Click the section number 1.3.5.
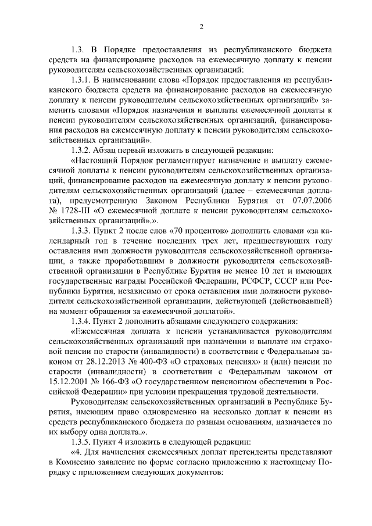point(81,441)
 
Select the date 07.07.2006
point(312,200)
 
